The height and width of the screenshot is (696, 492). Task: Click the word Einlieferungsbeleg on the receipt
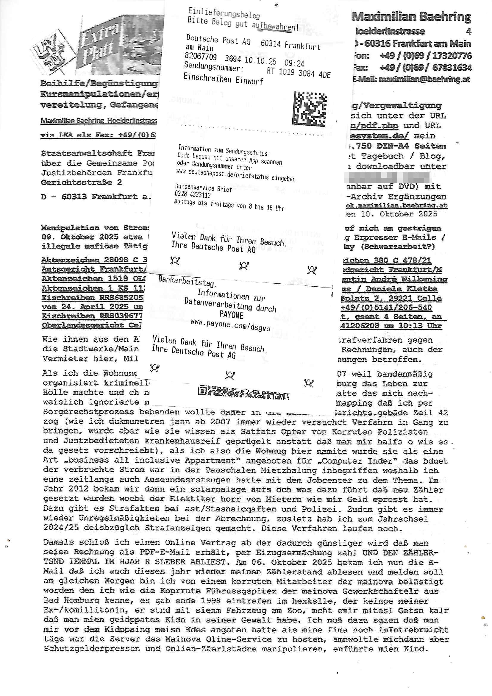pos(224,13)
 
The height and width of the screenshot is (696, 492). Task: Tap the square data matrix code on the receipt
pos(309,109)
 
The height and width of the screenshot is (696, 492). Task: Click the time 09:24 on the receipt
pos(294,63)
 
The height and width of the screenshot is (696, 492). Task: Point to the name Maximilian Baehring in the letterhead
pos(411,17)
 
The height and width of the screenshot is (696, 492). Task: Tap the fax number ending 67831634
pos(452,67)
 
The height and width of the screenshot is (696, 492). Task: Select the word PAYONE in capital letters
pos(231,315)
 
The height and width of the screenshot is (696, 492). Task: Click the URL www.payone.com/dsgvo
pos(230,326)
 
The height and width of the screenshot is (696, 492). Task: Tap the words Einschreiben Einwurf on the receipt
pos(223,79)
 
